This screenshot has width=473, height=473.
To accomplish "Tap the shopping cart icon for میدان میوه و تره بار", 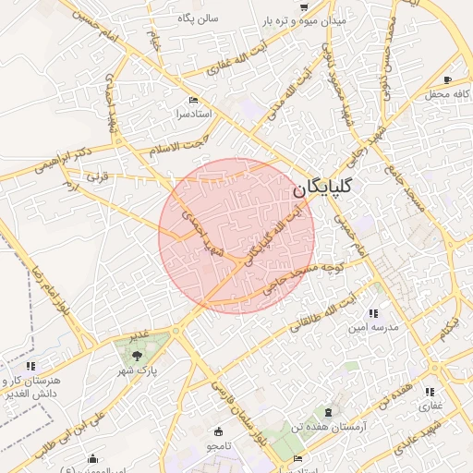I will pyautogui.click(x=304, y=6).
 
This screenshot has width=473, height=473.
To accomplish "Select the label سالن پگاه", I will pyautogui.click(x=198, y=18).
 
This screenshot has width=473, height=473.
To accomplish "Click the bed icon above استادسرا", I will pyautogui.click(x=192, y=100).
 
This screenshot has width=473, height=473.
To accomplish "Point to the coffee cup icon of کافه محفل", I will pyautogui.click(x=448, y=80).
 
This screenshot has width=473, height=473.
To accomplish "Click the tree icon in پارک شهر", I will pyautogui.click(x=137, y=355).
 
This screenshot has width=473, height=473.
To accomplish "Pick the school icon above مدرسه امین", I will pyautogui.click(x=374, y=314).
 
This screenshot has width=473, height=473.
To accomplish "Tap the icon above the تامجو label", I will pyautogui.click(x=218, y=431).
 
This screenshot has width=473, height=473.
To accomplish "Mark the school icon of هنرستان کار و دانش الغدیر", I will pyautogui.click(x=31, y=367).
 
